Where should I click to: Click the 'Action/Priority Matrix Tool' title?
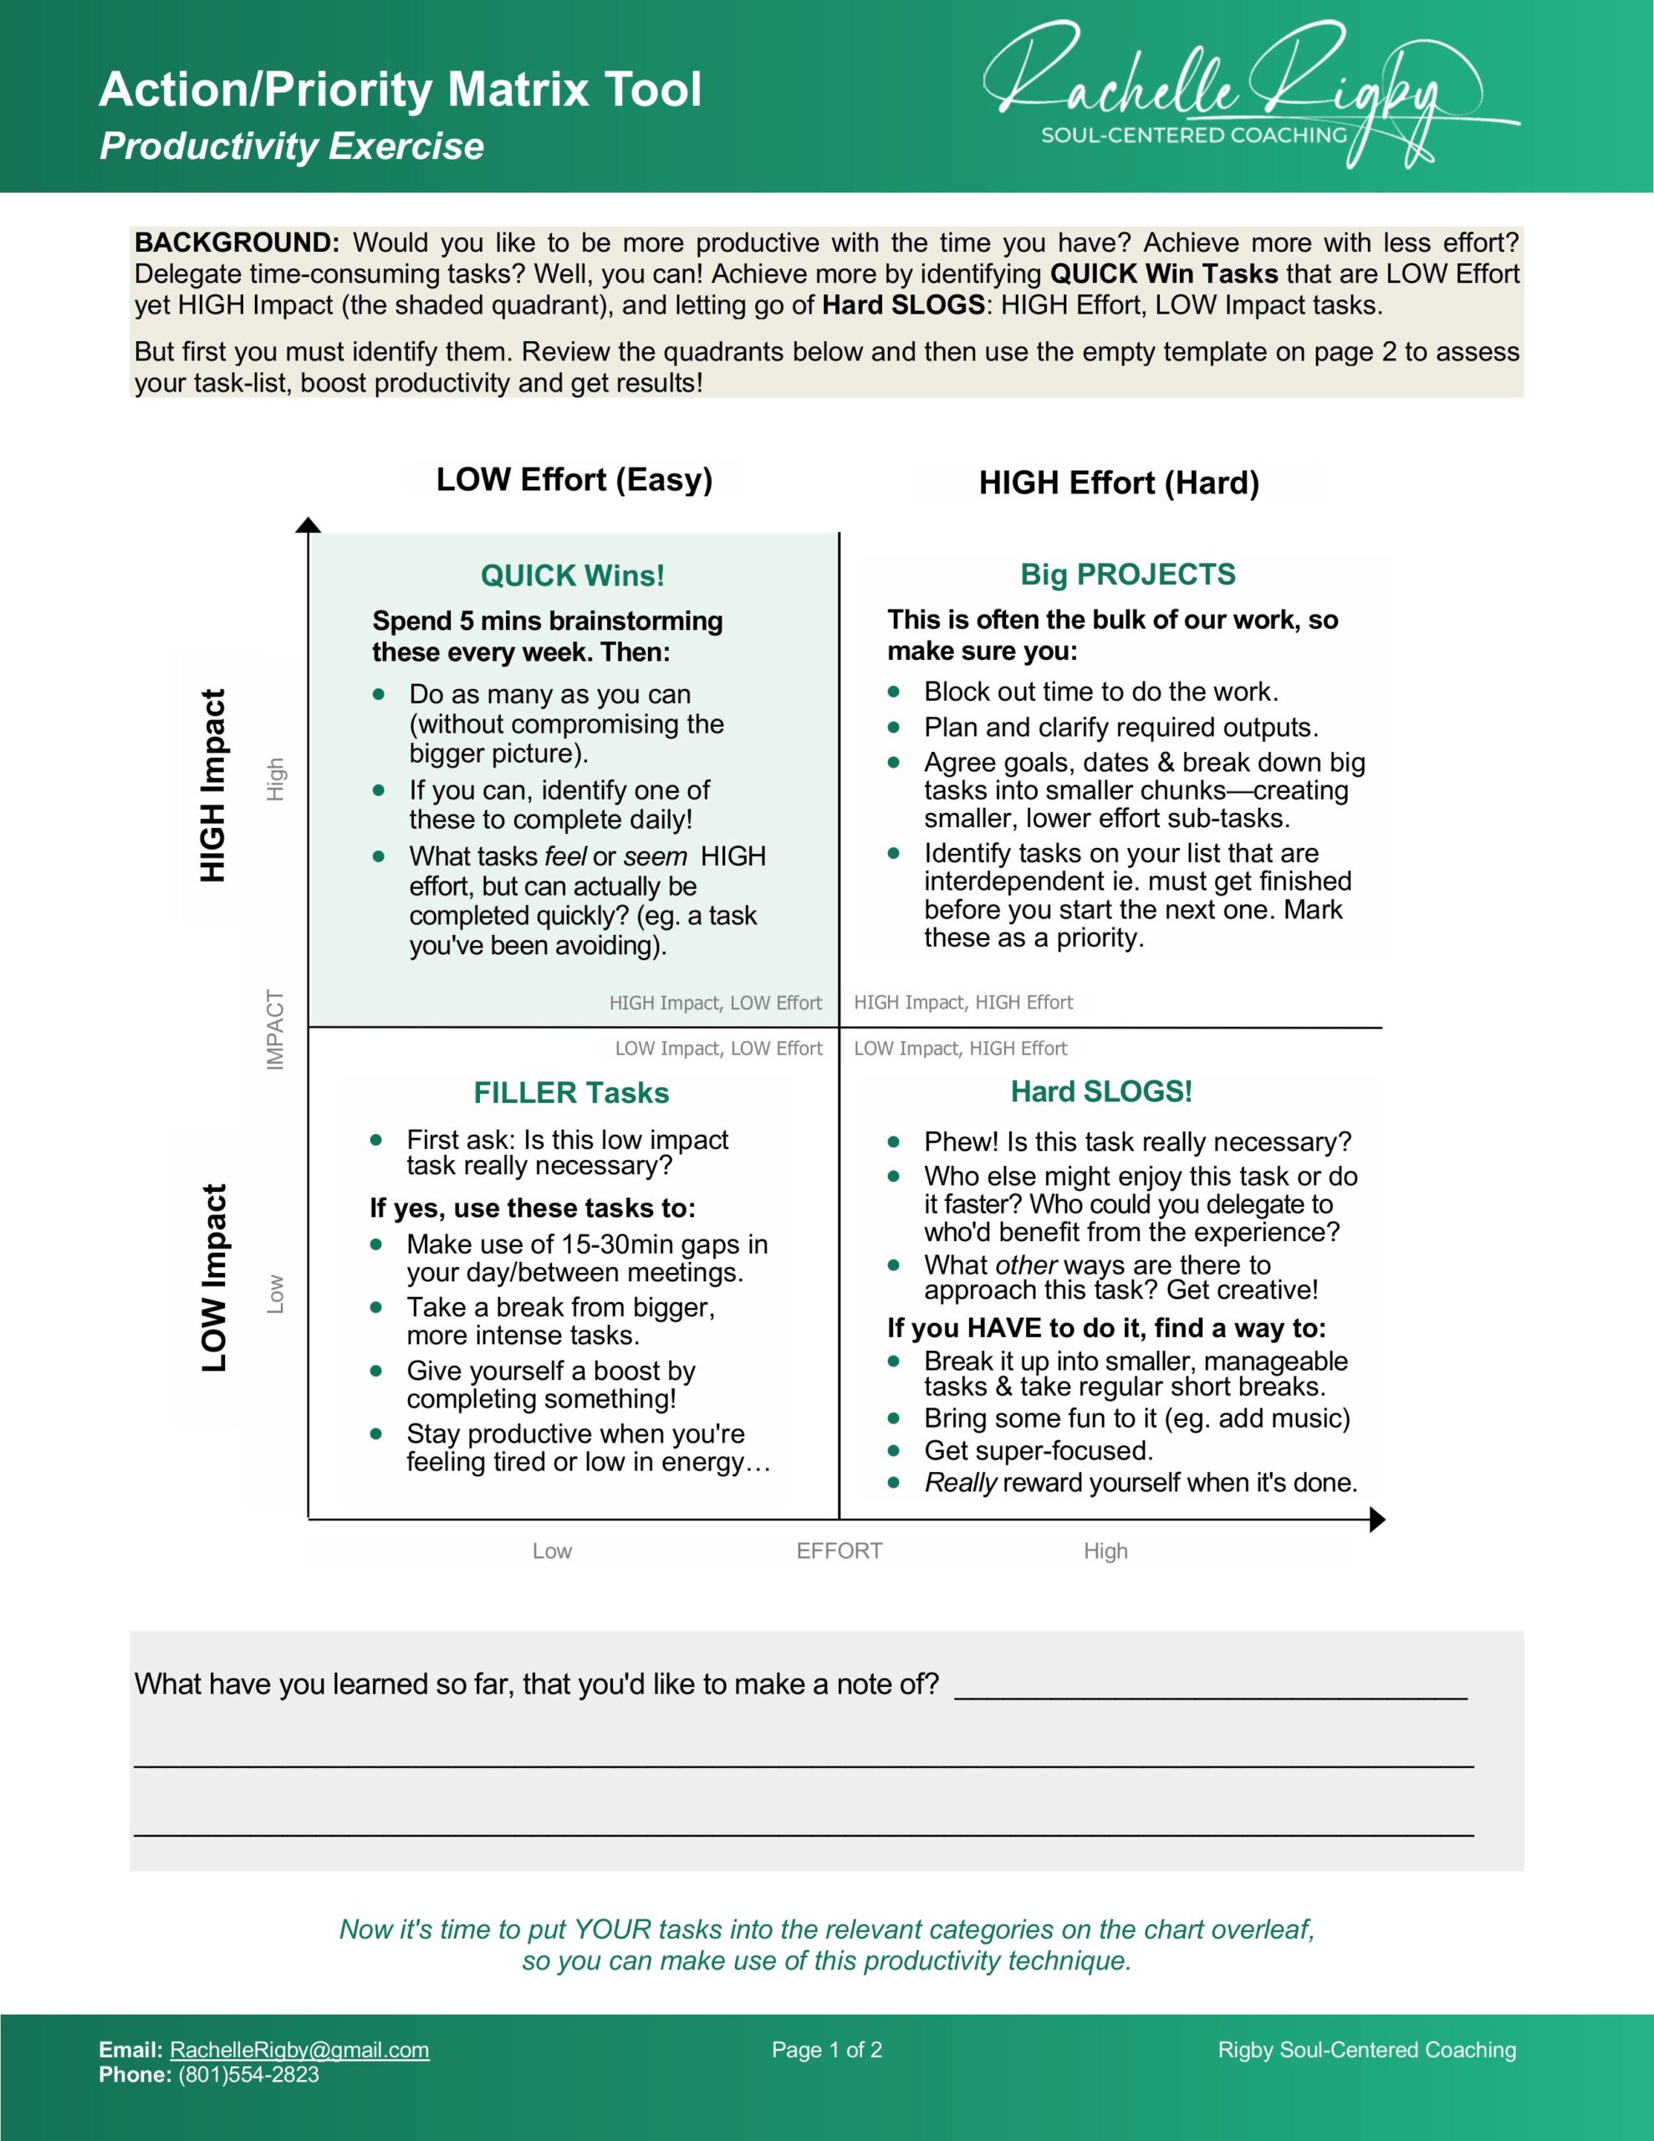pyautogui.click(x=400, y=89)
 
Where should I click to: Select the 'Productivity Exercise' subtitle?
pyautogui.click(x=291, y=146)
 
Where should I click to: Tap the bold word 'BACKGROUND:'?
pyautogui.click(x=237, y=243)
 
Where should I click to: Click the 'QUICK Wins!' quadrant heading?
pyautogui.click(x=573, y=575)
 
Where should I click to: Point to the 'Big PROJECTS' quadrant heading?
pyautogui.click(x=1127, y=574)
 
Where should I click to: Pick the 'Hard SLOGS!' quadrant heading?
pyautogui.click(x=1101, y=1091)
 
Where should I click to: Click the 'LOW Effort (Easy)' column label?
pyautogui.click(x=574, y=479)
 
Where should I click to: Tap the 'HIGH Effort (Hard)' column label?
pyautogui.click(x=1119, y=483)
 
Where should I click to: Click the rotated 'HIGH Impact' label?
pyautogui.click(x=212, y=785)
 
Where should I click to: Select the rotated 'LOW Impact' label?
pyautogui.click(x=212, y=1277)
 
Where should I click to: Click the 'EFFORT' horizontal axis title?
pyautogui.click(x=840, y=1551)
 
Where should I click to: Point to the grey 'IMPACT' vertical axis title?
pyautogui.click(x=275, y=1030)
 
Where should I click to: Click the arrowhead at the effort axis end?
pyautogui.click(x=1376, y=1520)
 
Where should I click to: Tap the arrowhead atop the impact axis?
pyautogui.click(x=309, y=524)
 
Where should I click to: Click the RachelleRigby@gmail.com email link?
pyautogui.click(x=299, y=2050)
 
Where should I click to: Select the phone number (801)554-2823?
pyautogui.click(x=248, y=2074)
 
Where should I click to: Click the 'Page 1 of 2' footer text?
pyautogui.click(x=826, y=2050)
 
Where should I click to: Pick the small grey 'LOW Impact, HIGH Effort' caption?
pyautogui.click(x=960, y=1048)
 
